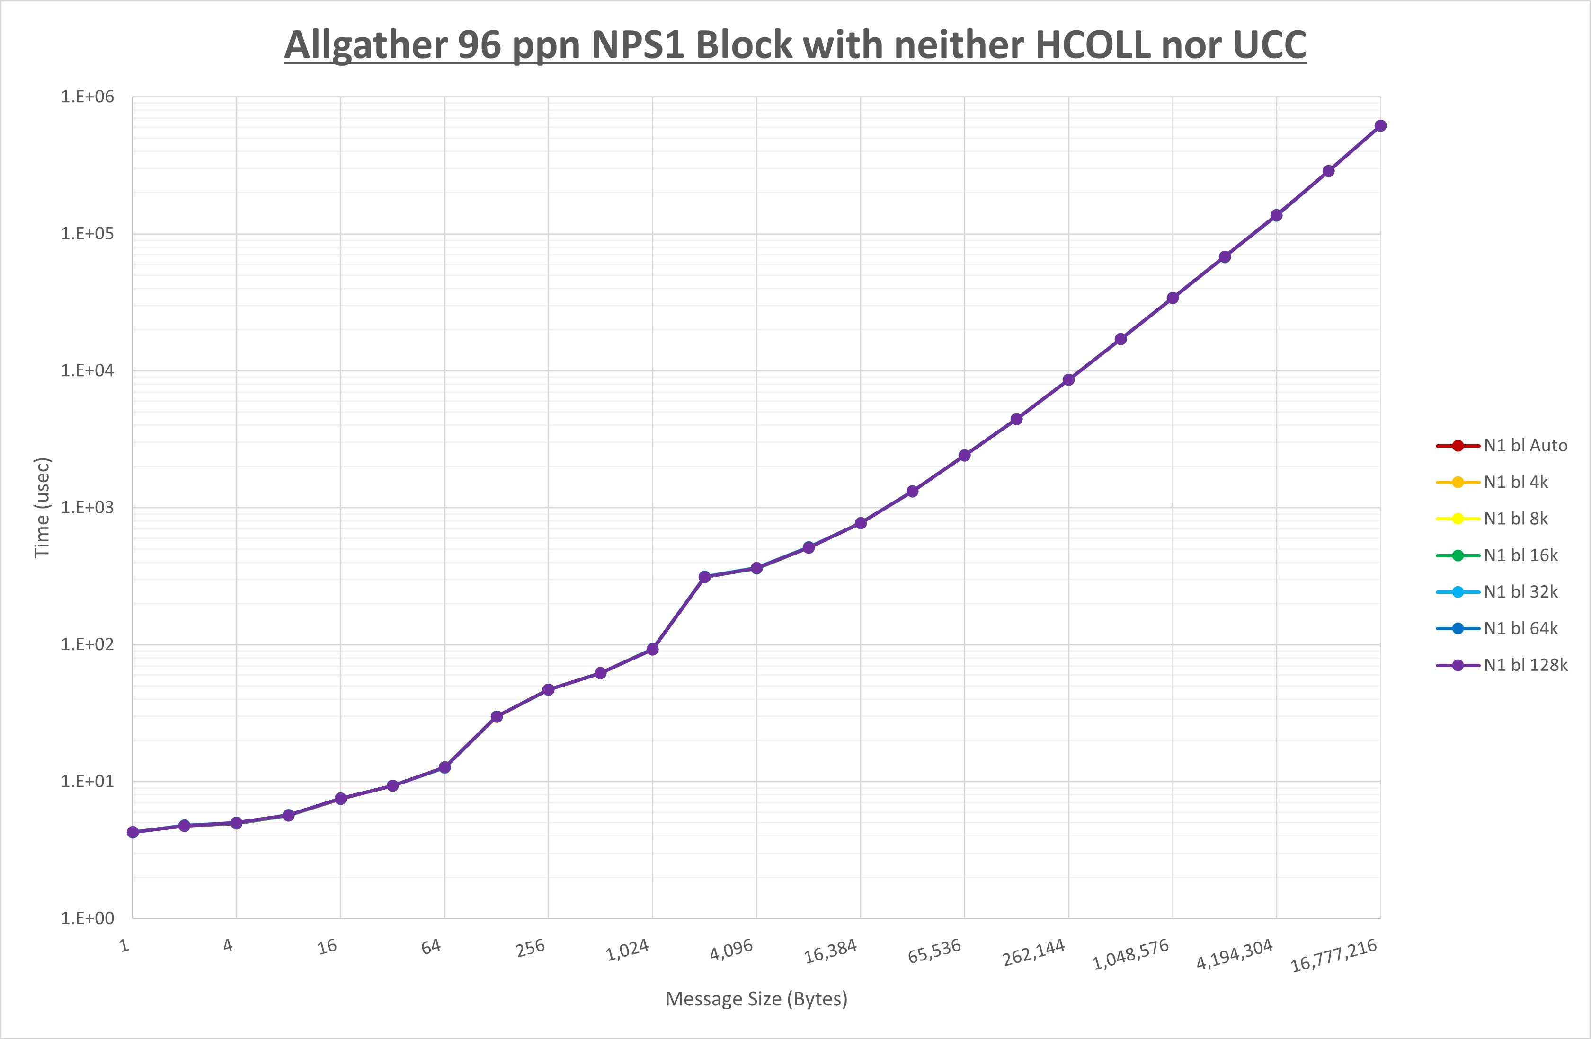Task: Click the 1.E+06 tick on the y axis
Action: [x=88, y=97]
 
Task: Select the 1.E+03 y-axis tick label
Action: [x=88, y=508]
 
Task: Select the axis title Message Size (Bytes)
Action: [x=756, y=999]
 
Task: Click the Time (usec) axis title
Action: [x=42, y=508]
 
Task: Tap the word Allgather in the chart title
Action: [x=365, y=45]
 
